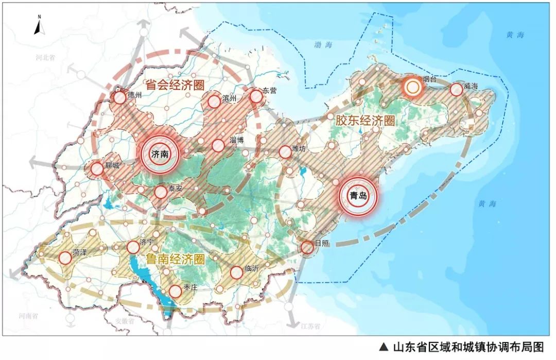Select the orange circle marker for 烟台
pyautogui.click(x=412, y=88)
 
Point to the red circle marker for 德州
pyautogui.click(x=120, y=97)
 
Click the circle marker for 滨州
pyautogui.click(x=214, y=101)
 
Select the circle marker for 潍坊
pyautogui.click(x=285, y=152)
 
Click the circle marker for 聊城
pyautogui.click(x=96, y=168)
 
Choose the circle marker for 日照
pyautogui.click(x=307, y=247)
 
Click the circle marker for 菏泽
pyautogui.click(x=65, y=258)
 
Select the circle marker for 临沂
pyautogui.click(x=236, y=272)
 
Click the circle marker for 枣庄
pyautogui.click(x=175, y=292)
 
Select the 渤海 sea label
pyautogui.click(x=324, y=45)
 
